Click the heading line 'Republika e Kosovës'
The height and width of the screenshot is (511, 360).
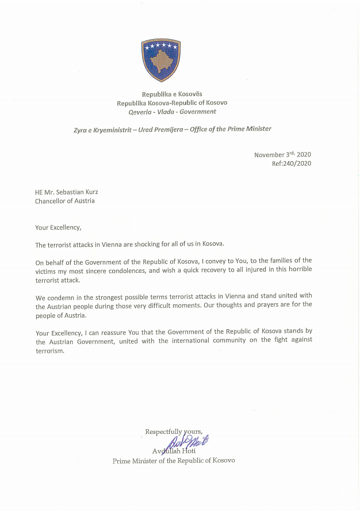(x=172, y=94)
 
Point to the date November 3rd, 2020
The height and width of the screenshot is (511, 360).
(x=282, y=154)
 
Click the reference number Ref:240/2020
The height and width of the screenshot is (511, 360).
(x=292, y=163)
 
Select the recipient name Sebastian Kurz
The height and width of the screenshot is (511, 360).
(x=72, y=192)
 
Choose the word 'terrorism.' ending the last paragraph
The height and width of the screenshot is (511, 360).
(x=49, y=350)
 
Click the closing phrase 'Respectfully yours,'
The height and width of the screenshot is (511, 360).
(x=174, y=432)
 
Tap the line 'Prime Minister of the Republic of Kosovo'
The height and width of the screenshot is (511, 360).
(x=174, y=460)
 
